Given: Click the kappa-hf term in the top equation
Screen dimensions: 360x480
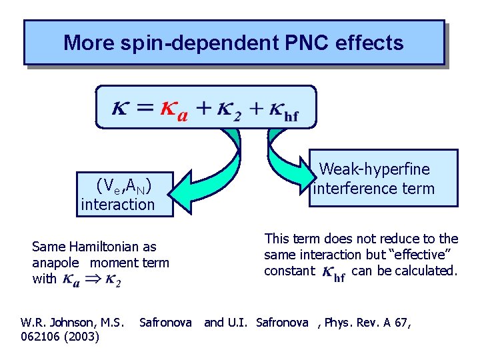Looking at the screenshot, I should click(284, 111).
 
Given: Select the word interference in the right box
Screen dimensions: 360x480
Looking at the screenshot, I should click(355, 189).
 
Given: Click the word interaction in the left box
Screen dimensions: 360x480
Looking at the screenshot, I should click(117, 205).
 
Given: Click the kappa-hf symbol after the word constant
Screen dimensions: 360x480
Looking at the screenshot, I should click(333, 273).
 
